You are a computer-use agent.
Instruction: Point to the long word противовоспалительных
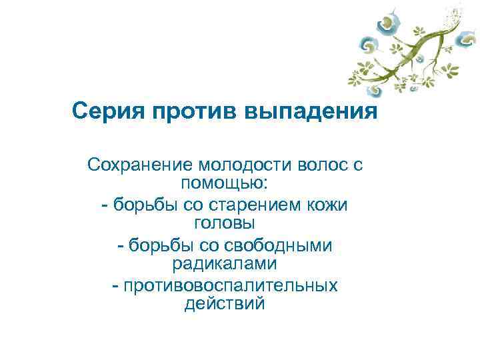click(229, 286)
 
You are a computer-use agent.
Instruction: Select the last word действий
click(224, 304)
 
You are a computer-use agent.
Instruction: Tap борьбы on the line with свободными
click(161, 245)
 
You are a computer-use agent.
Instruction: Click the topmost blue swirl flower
click(387, 24)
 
